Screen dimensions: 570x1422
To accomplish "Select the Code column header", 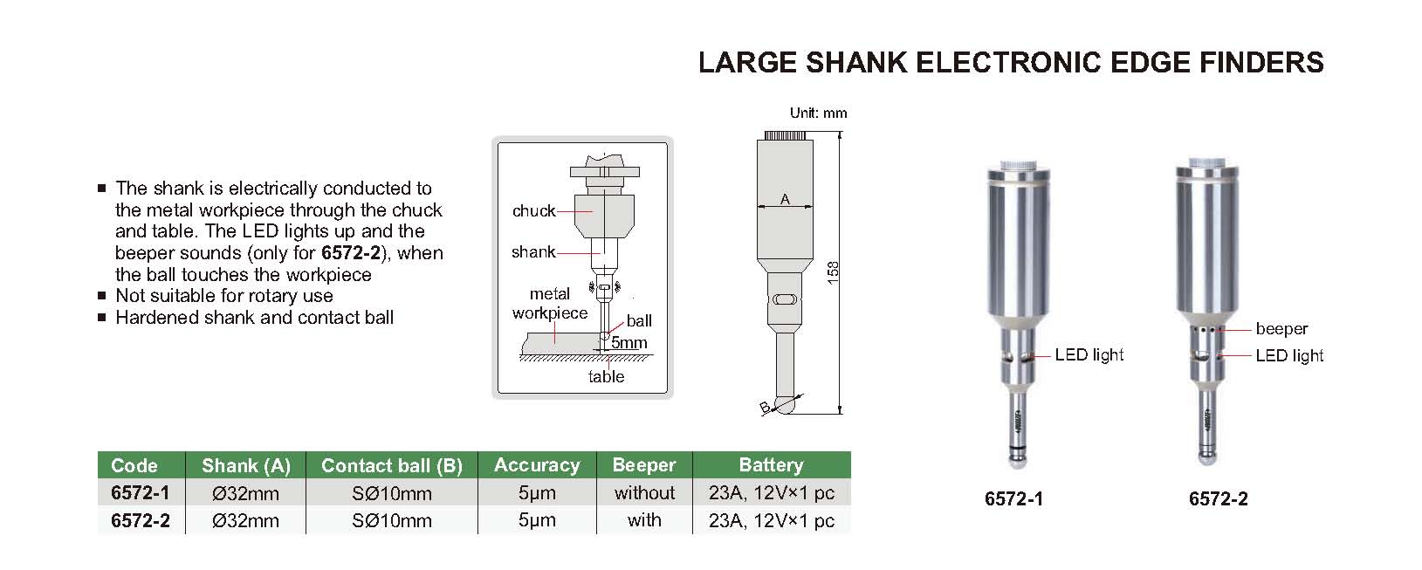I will (134, 465).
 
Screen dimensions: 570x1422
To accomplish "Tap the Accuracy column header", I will (536, 465).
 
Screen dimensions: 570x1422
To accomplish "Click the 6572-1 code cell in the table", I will (140, 493).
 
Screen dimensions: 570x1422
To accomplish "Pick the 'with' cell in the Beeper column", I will (644, 520).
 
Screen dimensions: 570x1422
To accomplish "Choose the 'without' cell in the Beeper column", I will (644, 493).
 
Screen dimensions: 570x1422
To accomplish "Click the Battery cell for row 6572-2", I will (771, 520).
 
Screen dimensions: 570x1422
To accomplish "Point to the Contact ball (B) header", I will (391, 465).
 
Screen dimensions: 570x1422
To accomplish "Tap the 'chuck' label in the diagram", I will (533, 211).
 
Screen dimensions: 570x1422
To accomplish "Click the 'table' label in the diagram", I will (606, 377).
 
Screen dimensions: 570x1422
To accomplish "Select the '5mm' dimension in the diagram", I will (629, 343).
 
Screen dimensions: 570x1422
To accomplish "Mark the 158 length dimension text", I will (834, 272).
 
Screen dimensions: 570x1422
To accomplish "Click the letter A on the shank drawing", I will (785, 200).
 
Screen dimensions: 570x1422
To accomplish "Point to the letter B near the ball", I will (765, 408).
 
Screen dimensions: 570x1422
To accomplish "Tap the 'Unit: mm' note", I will (818, 113).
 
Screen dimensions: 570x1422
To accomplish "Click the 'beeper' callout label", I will (1281, 329).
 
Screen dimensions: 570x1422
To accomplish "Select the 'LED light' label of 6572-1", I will (1089, 355).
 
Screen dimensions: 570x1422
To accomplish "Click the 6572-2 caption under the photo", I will (1218, 499).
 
